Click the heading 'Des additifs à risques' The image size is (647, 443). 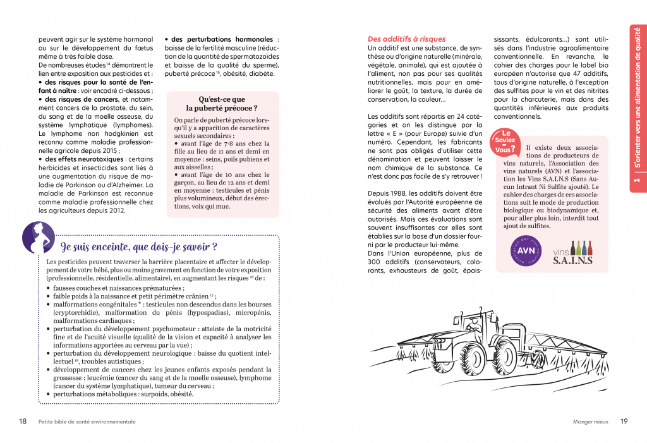406,39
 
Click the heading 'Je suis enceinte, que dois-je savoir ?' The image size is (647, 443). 139,246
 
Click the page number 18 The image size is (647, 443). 23,422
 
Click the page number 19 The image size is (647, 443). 624,422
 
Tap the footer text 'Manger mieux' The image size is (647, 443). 590,422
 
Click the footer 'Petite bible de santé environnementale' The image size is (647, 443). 87,422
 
